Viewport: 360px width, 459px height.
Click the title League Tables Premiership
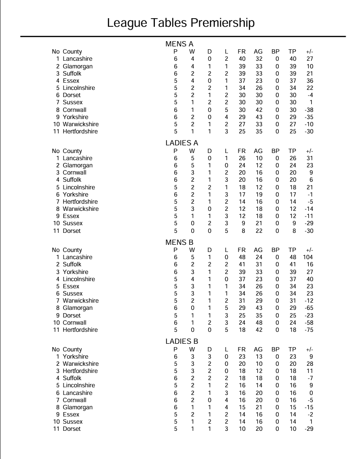click(x=181, y=23)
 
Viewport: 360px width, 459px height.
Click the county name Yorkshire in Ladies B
click(x=76, y=357)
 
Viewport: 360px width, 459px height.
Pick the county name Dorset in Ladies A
click(x=72, y=231)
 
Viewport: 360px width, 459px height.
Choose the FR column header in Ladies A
click(x=242, y=151)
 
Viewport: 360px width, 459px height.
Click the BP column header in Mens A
click(x=275, y=52)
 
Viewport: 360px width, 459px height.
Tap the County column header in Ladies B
click(x=72, y=350)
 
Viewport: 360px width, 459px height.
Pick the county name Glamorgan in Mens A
click(x=77, y=66)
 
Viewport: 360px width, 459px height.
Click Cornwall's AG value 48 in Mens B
click(x=258, y=323)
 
